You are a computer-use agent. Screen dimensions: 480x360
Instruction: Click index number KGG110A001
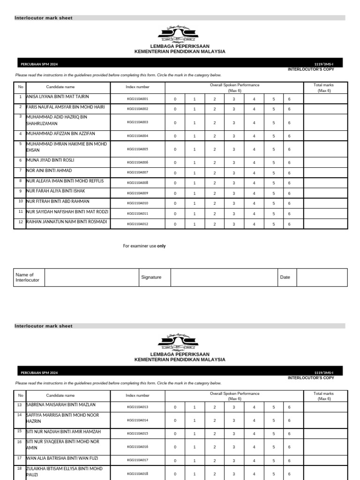click(137, 99)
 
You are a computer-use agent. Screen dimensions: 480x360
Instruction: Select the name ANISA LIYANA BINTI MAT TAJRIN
click(57, 97)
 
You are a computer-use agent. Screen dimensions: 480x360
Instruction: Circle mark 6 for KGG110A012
click(289, 224)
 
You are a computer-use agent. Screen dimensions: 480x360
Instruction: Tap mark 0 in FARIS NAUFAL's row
click(175, 109)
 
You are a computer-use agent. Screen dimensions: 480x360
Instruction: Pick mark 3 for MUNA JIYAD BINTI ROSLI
click(233, 162)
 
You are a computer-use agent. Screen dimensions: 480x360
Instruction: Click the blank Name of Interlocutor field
click(91, 277)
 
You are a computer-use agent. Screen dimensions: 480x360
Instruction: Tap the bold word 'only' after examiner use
click(161, 246)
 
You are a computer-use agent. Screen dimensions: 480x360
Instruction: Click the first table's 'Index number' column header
click(137, 87)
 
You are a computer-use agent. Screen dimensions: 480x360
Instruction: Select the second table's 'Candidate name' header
click(60, 396)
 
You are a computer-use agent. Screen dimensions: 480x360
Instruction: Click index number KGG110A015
click(137, 434)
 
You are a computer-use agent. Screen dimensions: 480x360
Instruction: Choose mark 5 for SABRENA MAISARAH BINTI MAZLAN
click(273, 407)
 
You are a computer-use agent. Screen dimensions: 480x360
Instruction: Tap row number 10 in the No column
click(20, 201)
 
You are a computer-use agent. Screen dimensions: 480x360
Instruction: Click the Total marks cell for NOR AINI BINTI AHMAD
click(325, 172)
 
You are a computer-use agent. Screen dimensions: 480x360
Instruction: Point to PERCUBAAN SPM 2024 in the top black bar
click(39, 64)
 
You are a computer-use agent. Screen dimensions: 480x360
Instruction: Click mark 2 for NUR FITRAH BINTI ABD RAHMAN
click(214, 203)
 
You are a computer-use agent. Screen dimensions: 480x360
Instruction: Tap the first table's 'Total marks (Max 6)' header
click(324, 88)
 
